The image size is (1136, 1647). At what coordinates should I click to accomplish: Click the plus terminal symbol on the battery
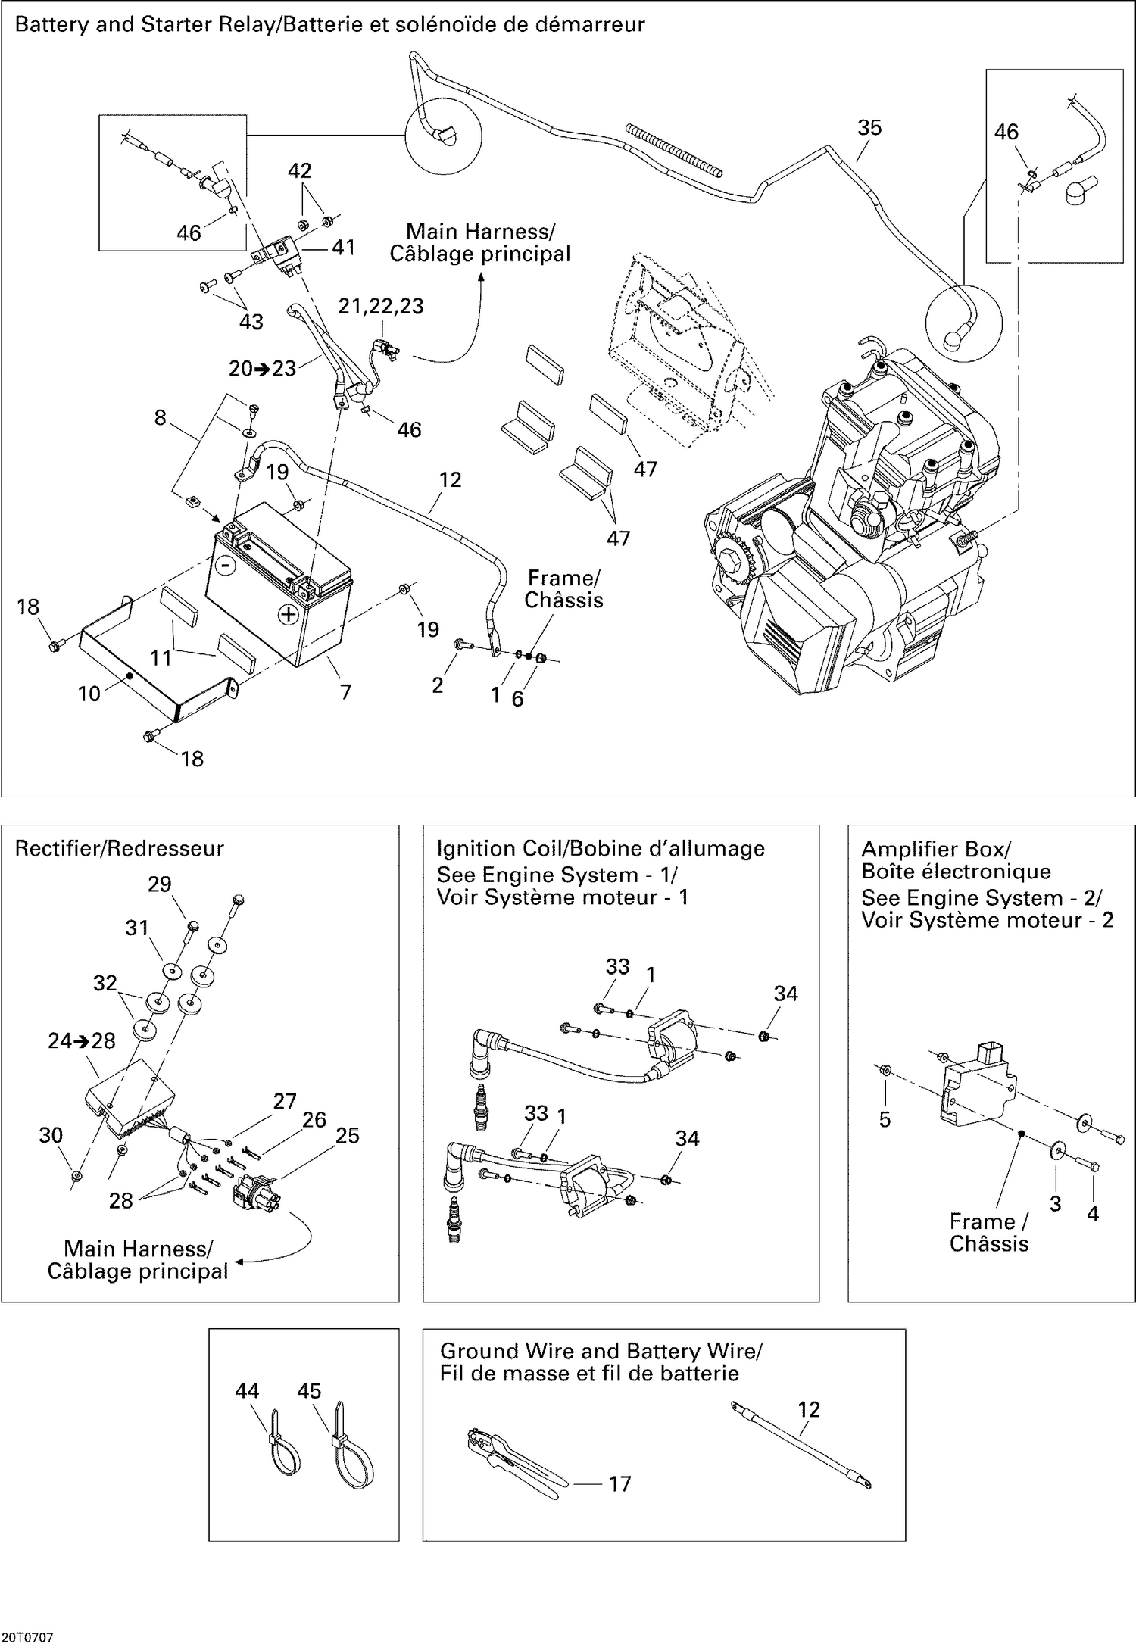pyautogui.click(x=288, y=614)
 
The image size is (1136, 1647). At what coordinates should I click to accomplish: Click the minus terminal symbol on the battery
pyautogui.click(x=224, y=564)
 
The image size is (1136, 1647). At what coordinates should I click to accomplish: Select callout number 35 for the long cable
pyautogui.click(x=869, y=127)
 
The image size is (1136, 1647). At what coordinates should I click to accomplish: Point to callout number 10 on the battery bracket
pyautogui.click(x=89, y=693)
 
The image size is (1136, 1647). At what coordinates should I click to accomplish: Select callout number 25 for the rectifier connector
pyautogui.click(x=347, y=1135)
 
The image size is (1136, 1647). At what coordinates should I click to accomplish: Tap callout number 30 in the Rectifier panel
pyautogui.click(x=51, y=1135)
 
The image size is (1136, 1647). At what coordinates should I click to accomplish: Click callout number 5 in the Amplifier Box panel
pyautogui.click(x=885, y=1119)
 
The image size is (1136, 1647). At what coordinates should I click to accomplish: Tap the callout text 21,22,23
pyautogui.click(x=380, y=306)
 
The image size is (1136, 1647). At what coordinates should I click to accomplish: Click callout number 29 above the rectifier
pyautogui.click(x=159, y=884)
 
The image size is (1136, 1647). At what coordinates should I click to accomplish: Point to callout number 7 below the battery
pyautogui.click(x=345, y=691)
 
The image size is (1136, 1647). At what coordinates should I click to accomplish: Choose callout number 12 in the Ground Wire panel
pyautogui.click(x=808, y=1409)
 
